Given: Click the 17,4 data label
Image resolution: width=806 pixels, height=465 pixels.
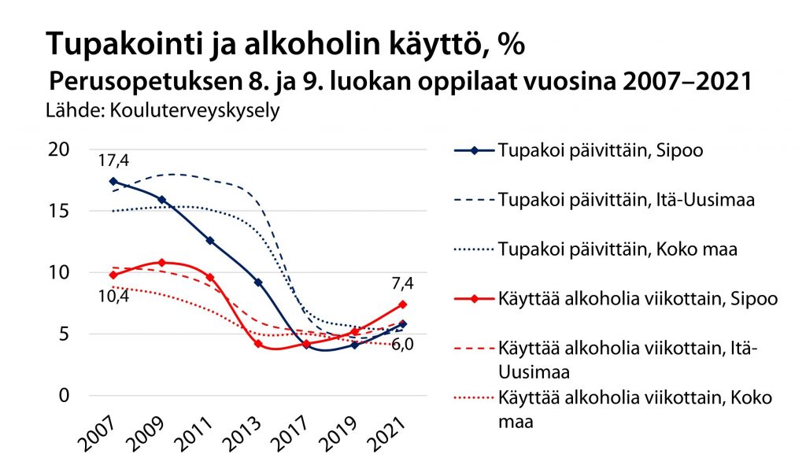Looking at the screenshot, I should pos(113,161).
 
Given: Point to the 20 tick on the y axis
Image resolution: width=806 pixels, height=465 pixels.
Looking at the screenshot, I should pos(59,149).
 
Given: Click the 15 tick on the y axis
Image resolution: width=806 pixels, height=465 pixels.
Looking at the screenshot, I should pos(59,211).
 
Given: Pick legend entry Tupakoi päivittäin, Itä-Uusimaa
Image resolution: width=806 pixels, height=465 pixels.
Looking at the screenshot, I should pos(627,199).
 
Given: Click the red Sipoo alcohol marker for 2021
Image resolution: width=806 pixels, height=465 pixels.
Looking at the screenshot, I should pos(402,304).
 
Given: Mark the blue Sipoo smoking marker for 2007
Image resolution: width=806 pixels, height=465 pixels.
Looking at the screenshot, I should pos(113,181).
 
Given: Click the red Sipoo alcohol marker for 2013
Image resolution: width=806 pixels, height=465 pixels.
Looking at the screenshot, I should pos(257,344).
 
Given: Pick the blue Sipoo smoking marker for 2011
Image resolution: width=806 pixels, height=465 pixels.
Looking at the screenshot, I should pos(209,241).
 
